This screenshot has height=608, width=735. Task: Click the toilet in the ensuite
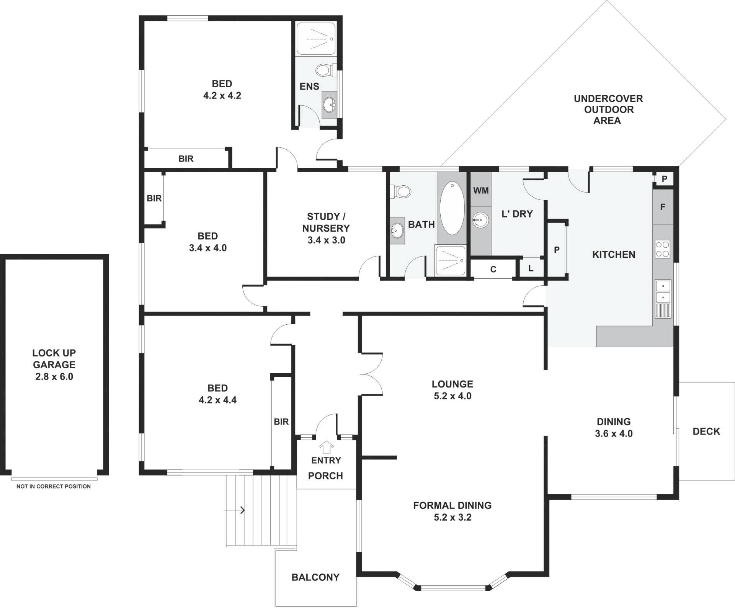pos(326,70)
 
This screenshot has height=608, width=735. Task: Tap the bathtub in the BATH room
pos(452,208)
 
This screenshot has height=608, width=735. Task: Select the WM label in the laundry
pos(481,190)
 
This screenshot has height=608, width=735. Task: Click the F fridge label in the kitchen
pos(663,207)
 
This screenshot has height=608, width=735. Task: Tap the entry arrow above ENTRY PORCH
pos(327,447)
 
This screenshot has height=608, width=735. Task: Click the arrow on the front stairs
pos(234,510)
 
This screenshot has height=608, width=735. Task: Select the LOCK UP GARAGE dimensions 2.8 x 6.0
pos(54,377)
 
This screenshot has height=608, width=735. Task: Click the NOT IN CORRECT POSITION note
pos(54,486)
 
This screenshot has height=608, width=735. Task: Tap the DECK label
pos(706,431)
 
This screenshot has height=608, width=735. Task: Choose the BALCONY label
pos(315,577)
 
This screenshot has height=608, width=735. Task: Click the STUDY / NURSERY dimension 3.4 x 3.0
pos(326,240)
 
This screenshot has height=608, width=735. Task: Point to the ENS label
pos(309,87)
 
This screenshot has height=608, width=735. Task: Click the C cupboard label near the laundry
pos(493,270)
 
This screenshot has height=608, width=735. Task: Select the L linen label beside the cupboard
pos(531,269)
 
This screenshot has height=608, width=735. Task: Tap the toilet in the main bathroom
pos(400,191)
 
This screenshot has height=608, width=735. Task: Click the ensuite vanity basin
pos(329,103)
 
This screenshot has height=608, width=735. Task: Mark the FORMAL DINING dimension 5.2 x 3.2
pos(452,517)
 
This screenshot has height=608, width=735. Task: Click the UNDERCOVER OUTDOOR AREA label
pos(608,110)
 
